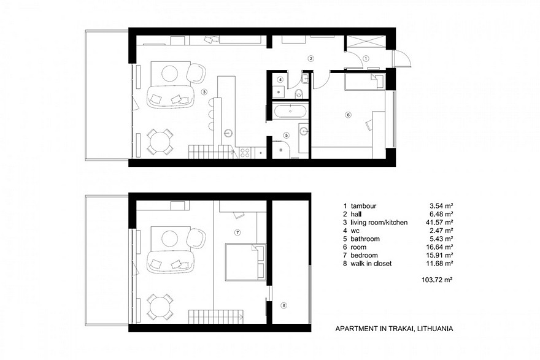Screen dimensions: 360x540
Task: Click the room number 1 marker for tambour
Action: tap(366, 58)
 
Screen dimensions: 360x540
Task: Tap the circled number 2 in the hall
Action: tap(311, 59)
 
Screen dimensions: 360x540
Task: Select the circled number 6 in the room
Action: tap(348, 115)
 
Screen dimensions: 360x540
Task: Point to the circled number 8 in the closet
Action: tap(283, 305)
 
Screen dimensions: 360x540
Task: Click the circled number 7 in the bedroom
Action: tap(237, 232)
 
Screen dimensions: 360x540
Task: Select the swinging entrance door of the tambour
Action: tap(402, 59)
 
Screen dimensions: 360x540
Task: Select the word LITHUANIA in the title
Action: tap(434, 329)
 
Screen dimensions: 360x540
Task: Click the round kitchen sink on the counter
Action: tap(228, 131)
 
